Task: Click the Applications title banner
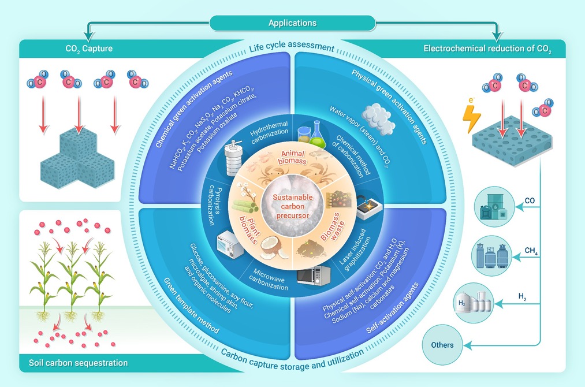(292, 23)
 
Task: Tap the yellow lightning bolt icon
(471, 118)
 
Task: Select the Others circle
(442, 345)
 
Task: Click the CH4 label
(531, 251)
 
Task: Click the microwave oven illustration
(314, 276)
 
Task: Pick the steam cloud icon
(378, 118)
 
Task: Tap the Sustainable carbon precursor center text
(292, 206)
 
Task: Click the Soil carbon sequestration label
(79, 363)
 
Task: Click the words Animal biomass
(292, 158)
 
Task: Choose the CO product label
(530, 201)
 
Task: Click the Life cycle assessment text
(292, 46)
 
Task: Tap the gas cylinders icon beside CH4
(491, 258)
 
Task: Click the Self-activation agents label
(393, 308)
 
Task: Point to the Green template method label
(191, 306)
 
